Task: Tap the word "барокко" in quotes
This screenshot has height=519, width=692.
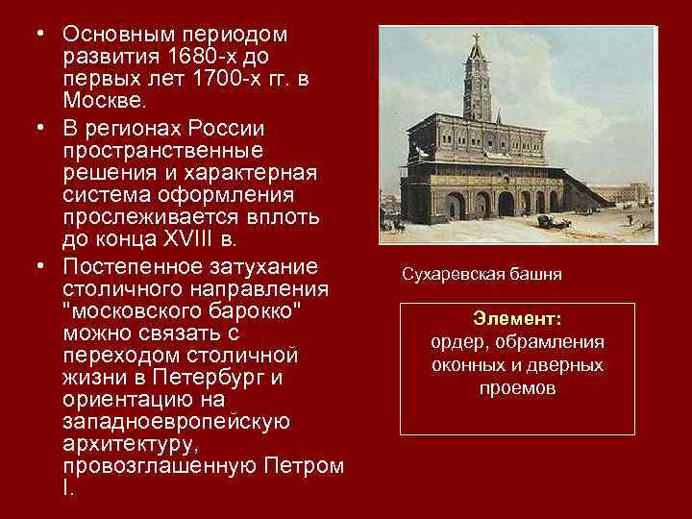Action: (249, 312)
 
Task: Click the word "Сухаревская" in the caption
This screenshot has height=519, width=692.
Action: (453, 275)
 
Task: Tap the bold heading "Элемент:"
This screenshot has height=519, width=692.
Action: (518, 319)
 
